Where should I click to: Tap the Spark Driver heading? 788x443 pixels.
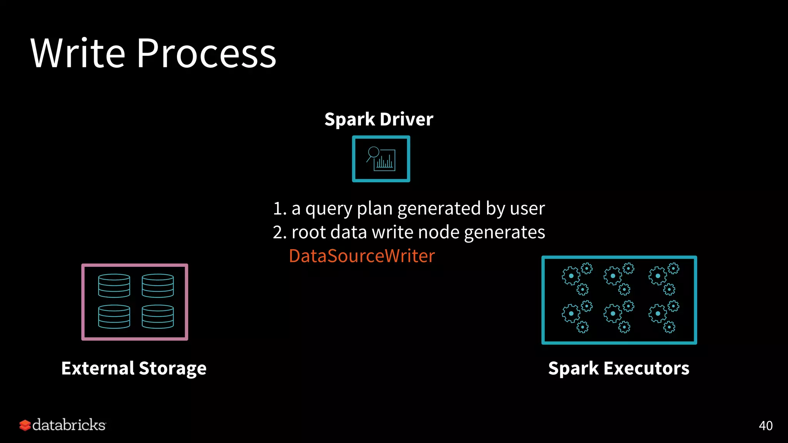[379, 119]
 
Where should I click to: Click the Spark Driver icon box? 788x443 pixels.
[381, 159]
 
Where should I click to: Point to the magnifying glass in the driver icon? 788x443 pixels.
[373, 153]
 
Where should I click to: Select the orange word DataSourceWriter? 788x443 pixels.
[362, 256]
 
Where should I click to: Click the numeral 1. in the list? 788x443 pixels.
[279, 209]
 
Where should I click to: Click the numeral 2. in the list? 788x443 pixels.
[279, 233]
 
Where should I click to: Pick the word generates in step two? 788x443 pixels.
[504, 233]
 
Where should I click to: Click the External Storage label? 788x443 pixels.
[134, 368]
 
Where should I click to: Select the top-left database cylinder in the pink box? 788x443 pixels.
[114, 286]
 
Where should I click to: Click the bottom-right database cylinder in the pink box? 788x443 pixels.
[158, 316]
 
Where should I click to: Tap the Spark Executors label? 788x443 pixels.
[619, 368]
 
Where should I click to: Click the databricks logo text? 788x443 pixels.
[69, 425]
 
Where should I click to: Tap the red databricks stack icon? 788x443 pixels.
[25, 425]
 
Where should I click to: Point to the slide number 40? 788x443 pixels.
[765, 426]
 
